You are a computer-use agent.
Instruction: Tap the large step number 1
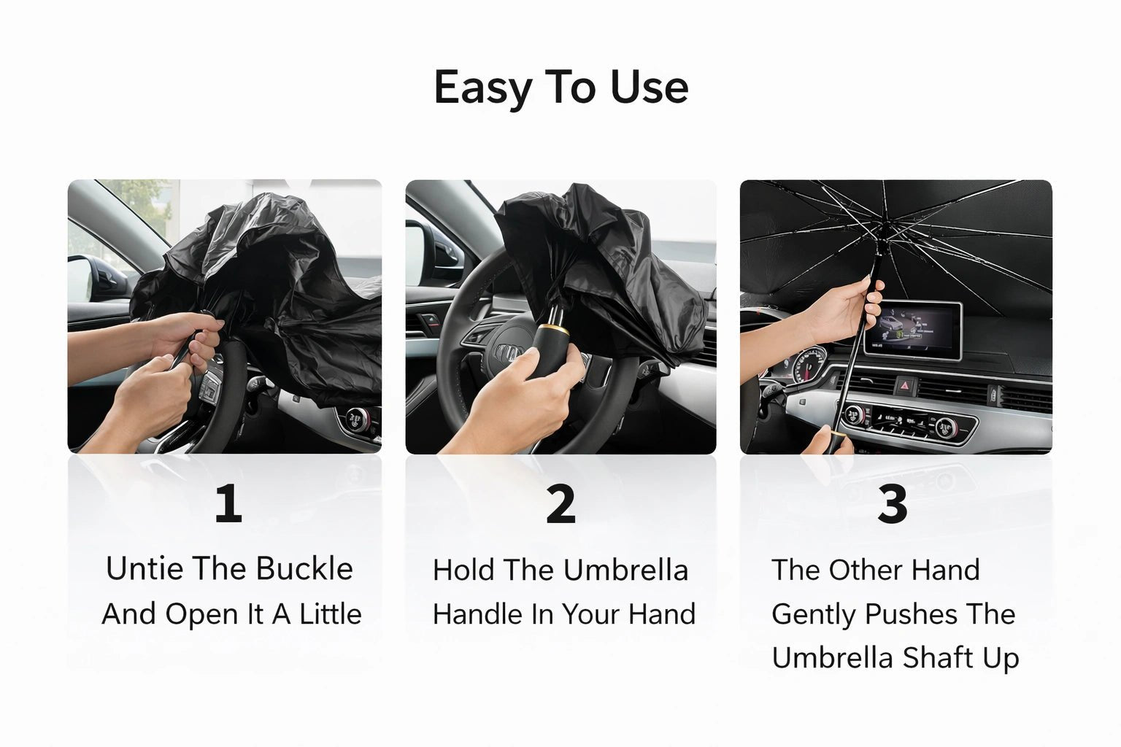228,504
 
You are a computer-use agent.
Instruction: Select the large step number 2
560,504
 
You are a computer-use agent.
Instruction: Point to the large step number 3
892,504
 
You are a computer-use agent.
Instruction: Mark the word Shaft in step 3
936,658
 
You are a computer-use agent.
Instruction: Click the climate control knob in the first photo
357,419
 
